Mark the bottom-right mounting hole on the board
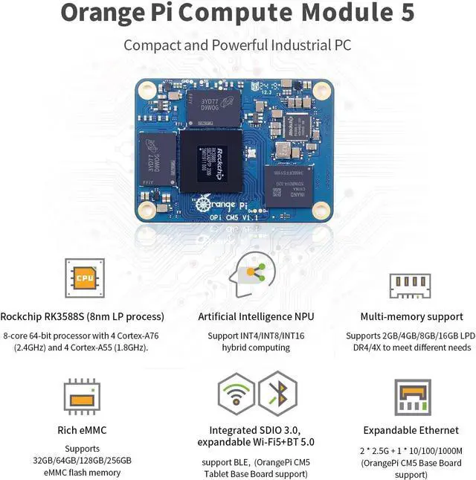[321, 211]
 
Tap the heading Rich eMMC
[82, 429]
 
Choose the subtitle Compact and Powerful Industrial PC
[237, 45]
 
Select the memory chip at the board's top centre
[213, 107]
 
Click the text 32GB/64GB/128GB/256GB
[83, 460]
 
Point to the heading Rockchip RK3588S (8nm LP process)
[83, 316]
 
